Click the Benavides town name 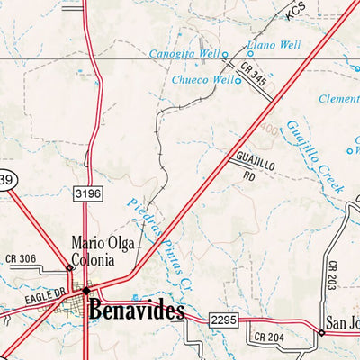tap(137, 311)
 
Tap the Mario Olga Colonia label tap(94, 252)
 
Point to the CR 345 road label tap(254, 74)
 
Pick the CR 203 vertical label tap(332, 274)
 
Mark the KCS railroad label tap(297, 13)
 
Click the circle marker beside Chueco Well tap(238, 80)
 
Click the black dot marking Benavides tap(85, 292)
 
